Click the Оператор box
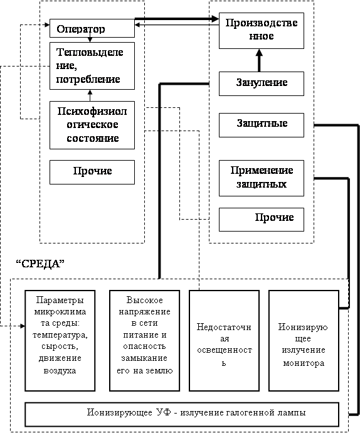coord(92,28)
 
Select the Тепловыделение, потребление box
coord(92,66)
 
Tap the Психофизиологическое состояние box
coord(92,125)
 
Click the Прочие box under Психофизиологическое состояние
coord(92,172)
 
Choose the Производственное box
coord(262,31)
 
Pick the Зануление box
coord(262,83)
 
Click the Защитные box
coord(262,125)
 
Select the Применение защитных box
coord(262,178)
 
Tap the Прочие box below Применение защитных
coord(262,220)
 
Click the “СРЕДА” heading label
coord(40,264)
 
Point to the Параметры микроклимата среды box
coord(60,341)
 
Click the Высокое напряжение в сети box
coord(144,341)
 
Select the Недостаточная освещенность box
coord(224,341)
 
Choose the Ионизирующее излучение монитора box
coord(304,341)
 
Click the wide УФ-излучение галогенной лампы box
coord(182,415)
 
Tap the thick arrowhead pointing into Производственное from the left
coord(214,19)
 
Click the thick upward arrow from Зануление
coord(259,60)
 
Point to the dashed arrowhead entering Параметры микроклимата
coord(23,326)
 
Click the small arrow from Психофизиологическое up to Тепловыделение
coord(90,95)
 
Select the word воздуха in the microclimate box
coord(60,370)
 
